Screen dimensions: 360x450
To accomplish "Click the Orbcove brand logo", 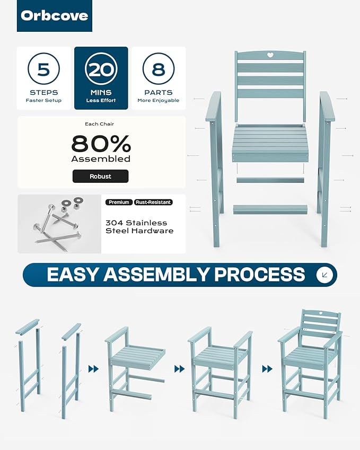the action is click(55, 16).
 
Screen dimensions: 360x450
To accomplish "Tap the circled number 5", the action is click(43, 69).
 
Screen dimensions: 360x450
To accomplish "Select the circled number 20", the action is click(101, 69).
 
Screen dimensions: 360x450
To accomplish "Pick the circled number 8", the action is click(159, 69).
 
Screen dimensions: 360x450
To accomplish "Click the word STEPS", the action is click(43, 92).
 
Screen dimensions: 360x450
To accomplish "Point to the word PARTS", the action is click(159, 92).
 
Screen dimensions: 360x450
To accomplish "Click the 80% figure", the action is click(101, 144).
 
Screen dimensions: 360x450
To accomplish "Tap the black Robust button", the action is click(101, 176).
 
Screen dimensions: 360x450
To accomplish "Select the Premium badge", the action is click(119, 202).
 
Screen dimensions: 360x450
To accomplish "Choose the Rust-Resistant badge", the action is click(153, 202).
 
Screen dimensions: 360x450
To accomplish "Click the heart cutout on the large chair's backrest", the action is click(270, 55).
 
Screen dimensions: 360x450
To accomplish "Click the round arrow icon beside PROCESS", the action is click(324, 275).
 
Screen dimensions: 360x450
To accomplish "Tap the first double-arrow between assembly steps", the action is click(94, 369).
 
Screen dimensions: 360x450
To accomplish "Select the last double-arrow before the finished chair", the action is click(267, 369).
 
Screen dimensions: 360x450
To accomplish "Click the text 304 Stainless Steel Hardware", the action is click(139, 227).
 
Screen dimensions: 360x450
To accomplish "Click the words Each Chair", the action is click(99, 124).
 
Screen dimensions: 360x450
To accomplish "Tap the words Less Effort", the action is click(101, 101).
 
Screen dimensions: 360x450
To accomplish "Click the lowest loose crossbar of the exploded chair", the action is click(270, 209).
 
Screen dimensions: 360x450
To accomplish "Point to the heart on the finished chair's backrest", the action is click(321, 313).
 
